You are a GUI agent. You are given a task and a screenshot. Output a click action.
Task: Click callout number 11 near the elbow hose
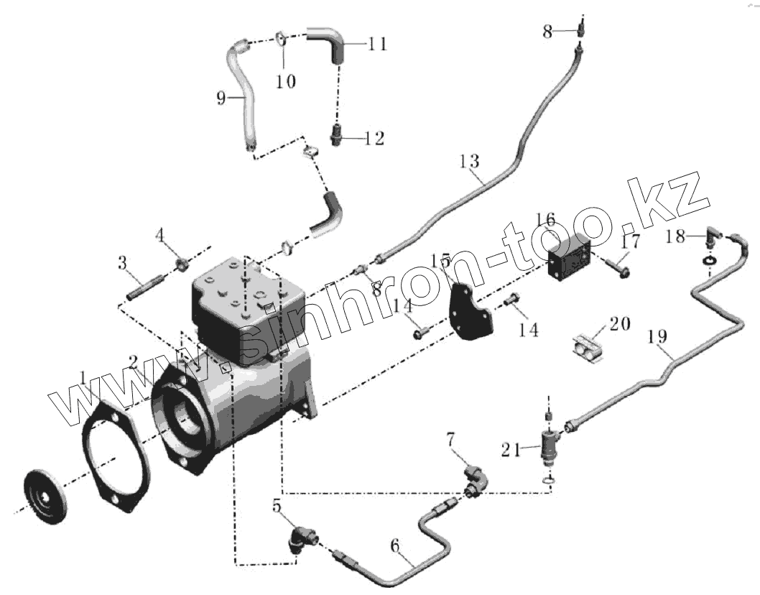(x=378, y=45)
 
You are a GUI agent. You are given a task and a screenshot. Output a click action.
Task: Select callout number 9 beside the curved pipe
(x=221, y=96)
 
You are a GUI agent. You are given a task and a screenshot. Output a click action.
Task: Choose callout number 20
(x=620, y=325)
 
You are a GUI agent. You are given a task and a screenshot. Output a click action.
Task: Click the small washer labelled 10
(x=282, y=38)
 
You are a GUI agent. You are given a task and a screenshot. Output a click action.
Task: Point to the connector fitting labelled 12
(x=335, y=134)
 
